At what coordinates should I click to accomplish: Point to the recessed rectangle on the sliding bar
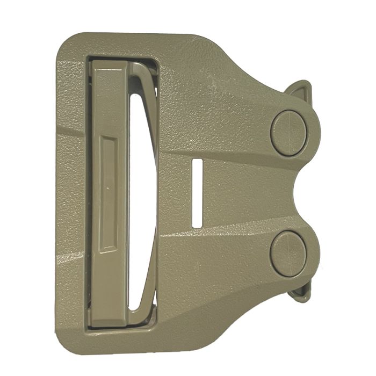tap(109, 193)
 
